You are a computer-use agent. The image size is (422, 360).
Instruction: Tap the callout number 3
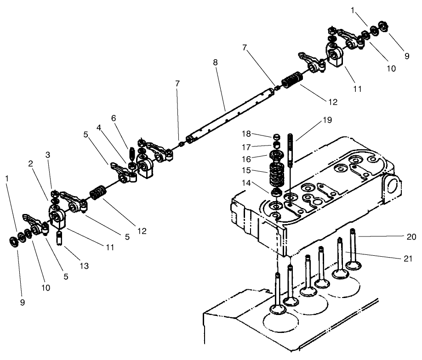47,155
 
